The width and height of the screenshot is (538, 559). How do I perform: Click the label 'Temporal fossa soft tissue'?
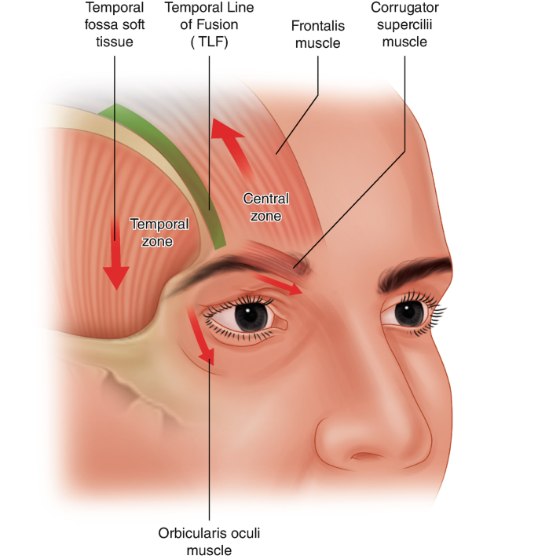115,26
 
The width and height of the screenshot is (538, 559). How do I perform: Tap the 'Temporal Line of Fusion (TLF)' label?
209,26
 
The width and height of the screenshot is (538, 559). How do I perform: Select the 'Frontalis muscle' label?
318,33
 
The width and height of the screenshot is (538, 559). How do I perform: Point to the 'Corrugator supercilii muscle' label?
404,26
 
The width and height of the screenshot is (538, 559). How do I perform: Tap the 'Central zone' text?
265,207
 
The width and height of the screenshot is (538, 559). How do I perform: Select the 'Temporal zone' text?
159,232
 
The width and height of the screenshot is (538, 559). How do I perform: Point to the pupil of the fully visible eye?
252,316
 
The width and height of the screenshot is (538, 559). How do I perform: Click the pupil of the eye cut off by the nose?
408,312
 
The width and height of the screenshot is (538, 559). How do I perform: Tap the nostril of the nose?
367,456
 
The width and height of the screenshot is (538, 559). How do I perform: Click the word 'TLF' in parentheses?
209,44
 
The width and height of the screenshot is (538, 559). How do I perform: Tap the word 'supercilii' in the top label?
404,26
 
